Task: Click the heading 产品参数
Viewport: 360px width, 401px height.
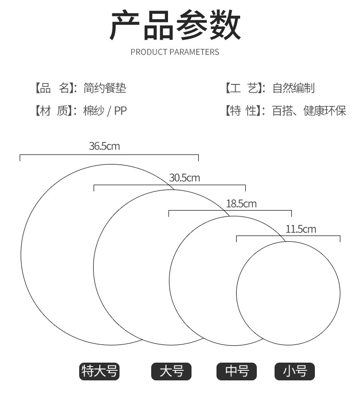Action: [176, 26]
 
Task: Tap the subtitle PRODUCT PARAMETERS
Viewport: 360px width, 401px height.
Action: [175, 52]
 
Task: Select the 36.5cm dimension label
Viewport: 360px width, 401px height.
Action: [104, 146]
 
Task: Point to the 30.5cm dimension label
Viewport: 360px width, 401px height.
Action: [184, 178]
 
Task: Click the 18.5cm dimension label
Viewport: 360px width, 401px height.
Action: [241, 203]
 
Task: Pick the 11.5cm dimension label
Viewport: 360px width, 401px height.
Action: [301, 229]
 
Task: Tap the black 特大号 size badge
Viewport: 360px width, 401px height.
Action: [99, 371]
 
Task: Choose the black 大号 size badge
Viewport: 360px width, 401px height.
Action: [171, 371]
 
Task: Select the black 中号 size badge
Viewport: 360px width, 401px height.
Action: [237, 371]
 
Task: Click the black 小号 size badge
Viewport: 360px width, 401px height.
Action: [295, 371]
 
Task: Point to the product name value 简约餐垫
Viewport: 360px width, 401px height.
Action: [105, 88]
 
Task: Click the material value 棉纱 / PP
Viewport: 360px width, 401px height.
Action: [105, 111]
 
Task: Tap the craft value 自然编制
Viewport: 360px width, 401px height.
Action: [293, 88]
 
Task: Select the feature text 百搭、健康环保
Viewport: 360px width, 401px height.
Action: [309, 111]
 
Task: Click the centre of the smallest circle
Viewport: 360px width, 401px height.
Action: [288, 293]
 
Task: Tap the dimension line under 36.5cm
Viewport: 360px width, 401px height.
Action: [109, 155]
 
